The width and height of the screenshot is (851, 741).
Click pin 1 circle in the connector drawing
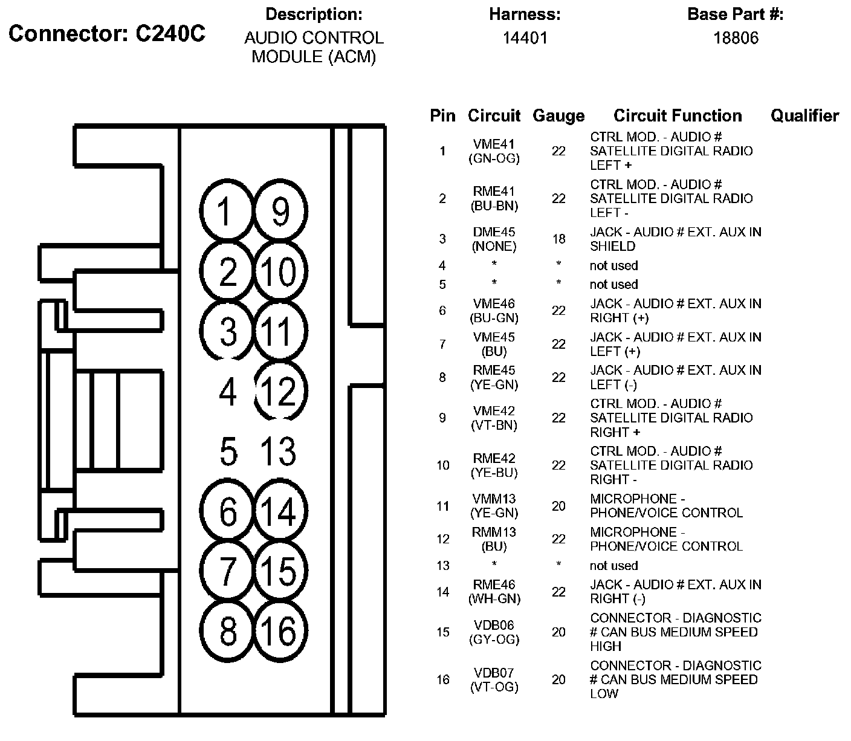(x=225, y=211)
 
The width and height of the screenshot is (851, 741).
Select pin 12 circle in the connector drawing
(x=280, y=391)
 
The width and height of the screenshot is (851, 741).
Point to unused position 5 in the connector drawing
(x=228, y=451)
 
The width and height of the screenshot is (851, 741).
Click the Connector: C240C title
(x=107, y=34)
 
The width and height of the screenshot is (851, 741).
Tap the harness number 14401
(x=525, y=38)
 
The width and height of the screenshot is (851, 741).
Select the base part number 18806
(x=735, y=38)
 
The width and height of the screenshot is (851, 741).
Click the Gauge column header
(x=558, y=115)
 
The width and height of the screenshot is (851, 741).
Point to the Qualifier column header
(x=804, y=115)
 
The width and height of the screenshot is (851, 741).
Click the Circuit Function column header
(x=678, y=115)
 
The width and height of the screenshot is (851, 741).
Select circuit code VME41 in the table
(x=494, y=144)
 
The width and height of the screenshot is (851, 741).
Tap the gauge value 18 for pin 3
(x=558, y=239)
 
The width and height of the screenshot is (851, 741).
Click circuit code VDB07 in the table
(x=494, y=673)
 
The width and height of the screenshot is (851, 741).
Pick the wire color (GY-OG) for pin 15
(x=494, y=639)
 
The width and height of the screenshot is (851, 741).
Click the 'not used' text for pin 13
(x=613, y=566)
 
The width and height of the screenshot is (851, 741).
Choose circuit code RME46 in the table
(x=494, y=584)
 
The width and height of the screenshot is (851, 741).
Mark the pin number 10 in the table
(x=443, y=465)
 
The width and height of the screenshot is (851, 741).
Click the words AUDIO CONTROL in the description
(x=314, y=38)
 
